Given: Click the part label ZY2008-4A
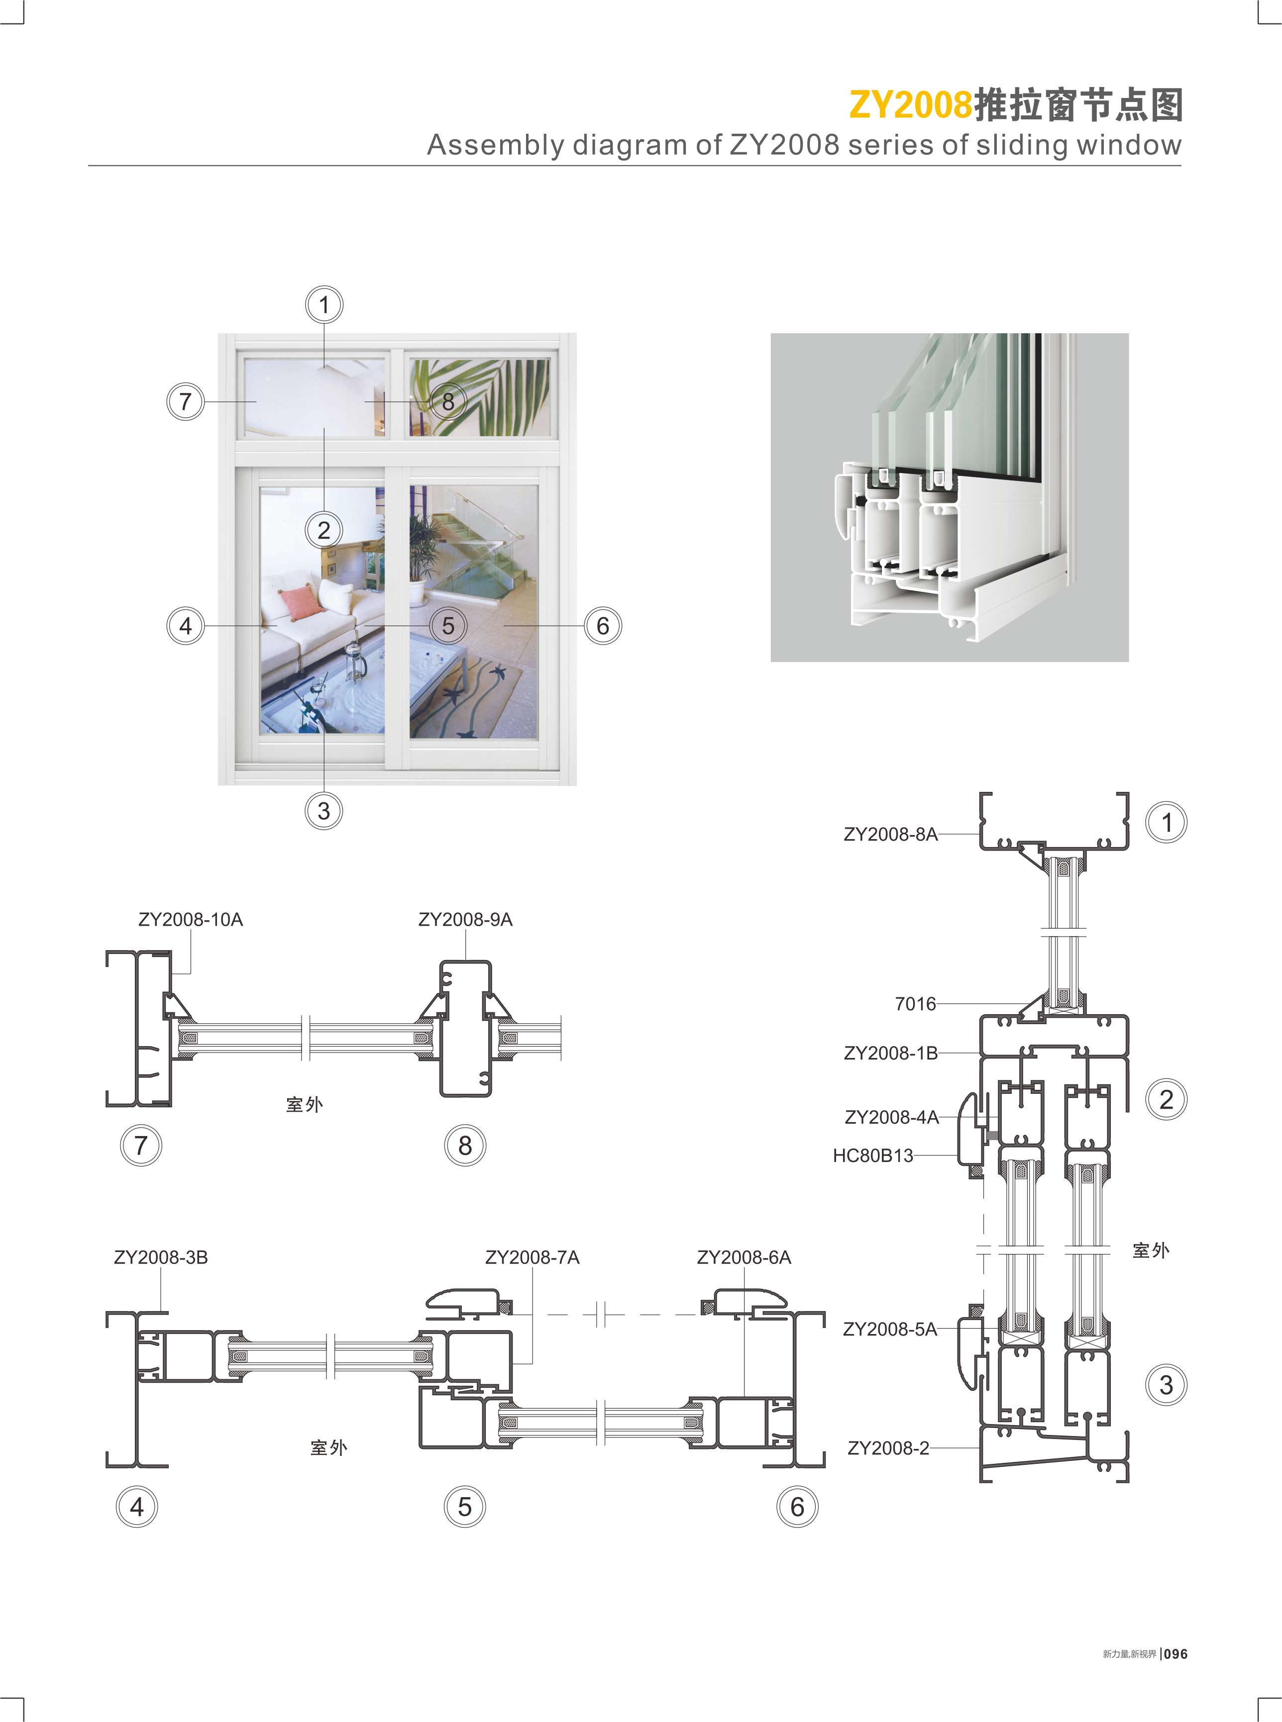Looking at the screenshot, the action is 892,1117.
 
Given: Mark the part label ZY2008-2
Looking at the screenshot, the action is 888,1448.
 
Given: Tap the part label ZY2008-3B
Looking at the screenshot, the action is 161,1257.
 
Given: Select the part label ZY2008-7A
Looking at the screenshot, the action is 533,1257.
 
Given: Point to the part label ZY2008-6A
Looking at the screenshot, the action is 744,1257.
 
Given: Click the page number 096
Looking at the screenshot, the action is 1175,1654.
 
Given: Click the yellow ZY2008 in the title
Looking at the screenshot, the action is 910,105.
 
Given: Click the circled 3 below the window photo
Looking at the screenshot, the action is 323,811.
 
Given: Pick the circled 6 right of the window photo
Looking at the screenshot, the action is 602,625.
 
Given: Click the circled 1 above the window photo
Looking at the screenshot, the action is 323,305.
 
